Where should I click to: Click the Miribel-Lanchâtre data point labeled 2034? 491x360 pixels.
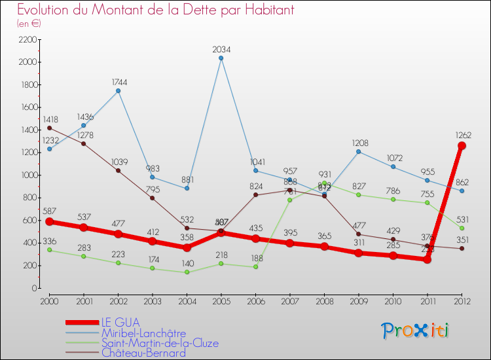[x=221, y=58]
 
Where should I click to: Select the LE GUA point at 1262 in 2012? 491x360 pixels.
[x=462, y=145]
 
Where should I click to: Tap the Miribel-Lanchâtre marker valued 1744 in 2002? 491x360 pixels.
[x=118, y=91]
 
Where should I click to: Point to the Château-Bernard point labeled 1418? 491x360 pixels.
[x=49, y=128]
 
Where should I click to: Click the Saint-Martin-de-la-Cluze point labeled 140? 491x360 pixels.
[x=187, y=272]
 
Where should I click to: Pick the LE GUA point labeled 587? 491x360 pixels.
[x=49, y=222]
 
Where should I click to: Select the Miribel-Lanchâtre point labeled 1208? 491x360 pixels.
[x=359, y=152]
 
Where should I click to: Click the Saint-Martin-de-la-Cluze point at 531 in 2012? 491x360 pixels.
[x=462, y=228]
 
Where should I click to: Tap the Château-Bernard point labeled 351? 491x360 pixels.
[x=462, y=248]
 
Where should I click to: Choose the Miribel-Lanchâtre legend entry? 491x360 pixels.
[x=143, y=333]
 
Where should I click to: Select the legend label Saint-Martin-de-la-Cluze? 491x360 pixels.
[x=160, y=343]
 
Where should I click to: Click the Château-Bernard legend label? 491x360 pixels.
[x=143, y=353]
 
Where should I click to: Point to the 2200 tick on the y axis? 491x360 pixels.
[x=27, y=40]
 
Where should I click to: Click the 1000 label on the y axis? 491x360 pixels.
[x=27, y=175]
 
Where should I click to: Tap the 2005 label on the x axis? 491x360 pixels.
[x=221, y=300]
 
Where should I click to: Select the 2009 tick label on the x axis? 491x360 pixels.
[x=358, y=300]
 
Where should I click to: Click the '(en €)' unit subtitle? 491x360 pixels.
[x=29, y=24]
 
